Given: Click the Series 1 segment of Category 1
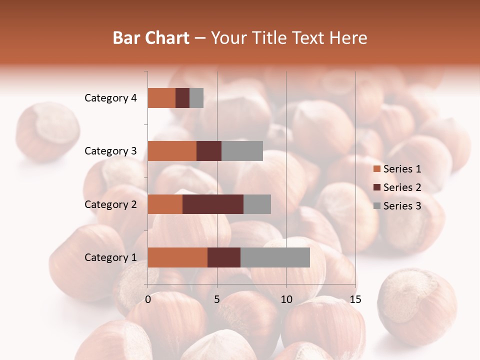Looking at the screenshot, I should click(177, 257).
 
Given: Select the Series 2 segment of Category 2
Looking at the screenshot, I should click(213, 204).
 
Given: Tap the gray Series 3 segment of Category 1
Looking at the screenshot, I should click(275, 257).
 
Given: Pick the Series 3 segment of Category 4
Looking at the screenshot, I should click(196, 98).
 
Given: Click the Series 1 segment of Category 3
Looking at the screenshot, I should click(172, 151).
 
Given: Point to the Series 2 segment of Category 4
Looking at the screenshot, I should click(182, 98).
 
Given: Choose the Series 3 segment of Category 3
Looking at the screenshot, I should click(242, 151).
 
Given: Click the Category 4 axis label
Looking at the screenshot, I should click(110, 98).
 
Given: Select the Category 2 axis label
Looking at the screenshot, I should click(110, 204).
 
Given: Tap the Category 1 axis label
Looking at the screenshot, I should click(110, 257).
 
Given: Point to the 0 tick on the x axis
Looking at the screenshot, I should click(148, 299).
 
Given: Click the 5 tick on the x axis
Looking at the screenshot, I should click(217, 299).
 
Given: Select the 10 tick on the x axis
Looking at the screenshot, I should click(286, 299).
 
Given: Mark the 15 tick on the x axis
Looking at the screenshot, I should click(355, 299).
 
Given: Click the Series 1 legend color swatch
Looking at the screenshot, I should click(377, 169).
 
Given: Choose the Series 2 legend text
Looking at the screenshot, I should click(402, 187).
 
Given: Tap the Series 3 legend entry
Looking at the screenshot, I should click(397, 206).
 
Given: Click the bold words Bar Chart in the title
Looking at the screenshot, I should click(151, 38).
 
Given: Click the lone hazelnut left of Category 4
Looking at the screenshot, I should click(47, 131).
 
